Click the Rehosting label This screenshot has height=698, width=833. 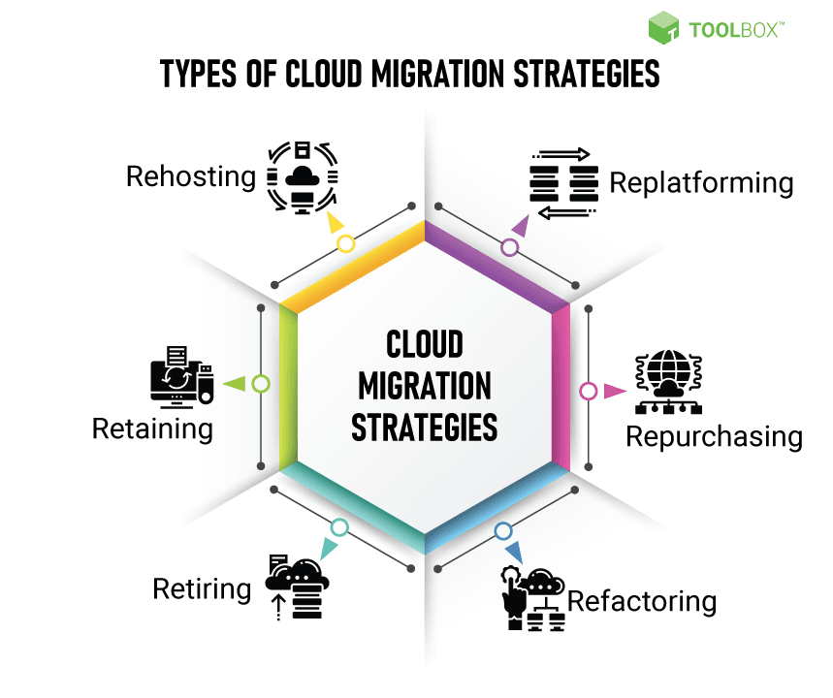pyautogui.click(x=190, y=176)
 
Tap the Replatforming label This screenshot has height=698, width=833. pyautogui.click(x=701, y=182)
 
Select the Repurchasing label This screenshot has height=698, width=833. pyautogui.click(x=714, y=436)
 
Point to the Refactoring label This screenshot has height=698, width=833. pyautogui.click(x=642, y=601)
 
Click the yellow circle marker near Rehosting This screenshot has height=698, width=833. pyautogui.click(x=345, y=244)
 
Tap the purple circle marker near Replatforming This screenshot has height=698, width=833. pyautogui.click(x=510, y=247)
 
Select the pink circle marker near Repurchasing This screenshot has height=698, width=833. pyautogui.click(x=588, y=392)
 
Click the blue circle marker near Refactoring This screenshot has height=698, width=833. pyautogui.click(x=502, y=531)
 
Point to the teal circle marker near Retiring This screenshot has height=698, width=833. pyautogui.click(x=338, y=527)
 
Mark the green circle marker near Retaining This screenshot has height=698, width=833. pyautogui.click(x=260, y=384)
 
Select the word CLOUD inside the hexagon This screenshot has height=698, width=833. pyautogui.click(x=425, y=344)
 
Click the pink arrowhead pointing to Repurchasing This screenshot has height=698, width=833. pyautogui.click(x=615, y=392)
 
